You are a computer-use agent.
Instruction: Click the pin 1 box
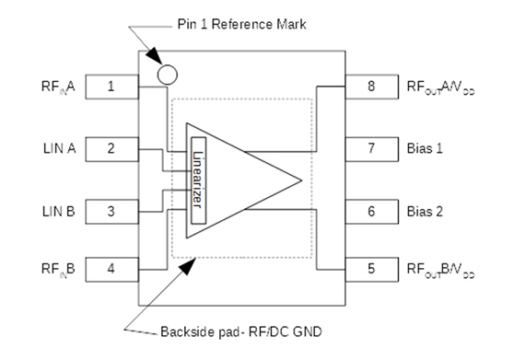(x=111, y=88)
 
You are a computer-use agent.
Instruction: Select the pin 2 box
(x=111, y=147)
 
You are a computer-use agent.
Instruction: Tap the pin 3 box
(x=111, y=211)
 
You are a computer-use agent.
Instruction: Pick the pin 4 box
(x=111, y=270)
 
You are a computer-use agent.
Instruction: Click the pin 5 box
(x=371, y=270)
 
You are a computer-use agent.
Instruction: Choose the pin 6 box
(x=371, y=211)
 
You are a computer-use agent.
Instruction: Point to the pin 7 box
(x=371, y=147)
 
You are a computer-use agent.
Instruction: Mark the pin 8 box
(x=371, y=88)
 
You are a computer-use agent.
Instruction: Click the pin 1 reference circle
(x=168, y=74)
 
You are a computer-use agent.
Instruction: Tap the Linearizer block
(x=198, y=179)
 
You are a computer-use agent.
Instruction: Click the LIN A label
(x=59, y=147)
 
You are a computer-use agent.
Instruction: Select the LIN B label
(x=59, y=211)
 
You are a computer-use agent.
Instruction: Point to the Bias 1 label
(x=425, y=147)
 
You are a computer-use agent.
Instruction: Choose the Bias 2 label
(x=425, y=211)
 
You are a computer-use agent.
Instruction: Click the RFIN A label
(x=59, y=88)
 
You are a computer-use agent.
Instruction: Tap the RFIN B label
(x=59, y=270)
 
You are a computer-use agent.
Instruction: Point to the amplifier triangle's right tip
(x=302, y=179)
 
